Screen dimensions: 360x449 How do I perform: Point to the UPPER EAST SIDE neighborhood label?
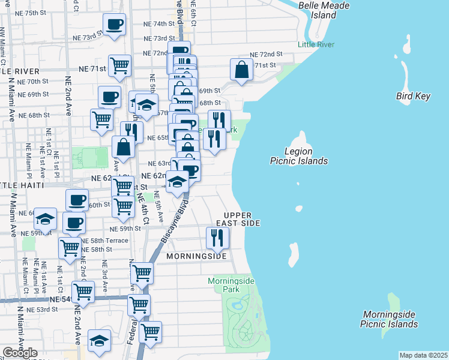243,219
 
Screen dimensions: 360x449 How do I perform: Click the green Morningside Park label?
231,284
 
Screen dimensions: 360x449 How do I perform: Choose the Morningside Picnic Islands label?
389,319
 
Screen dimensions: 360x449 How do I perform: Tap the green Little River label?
317,44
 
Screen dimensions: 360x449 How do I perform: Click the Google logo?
20,353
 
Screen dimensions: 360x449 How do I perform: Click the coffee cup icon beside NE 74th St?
114,25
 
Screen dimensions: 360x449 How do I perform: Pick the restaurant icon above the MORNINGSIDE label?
217,238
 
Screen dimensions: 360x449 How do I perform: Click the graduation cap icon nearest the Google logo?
99,341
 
